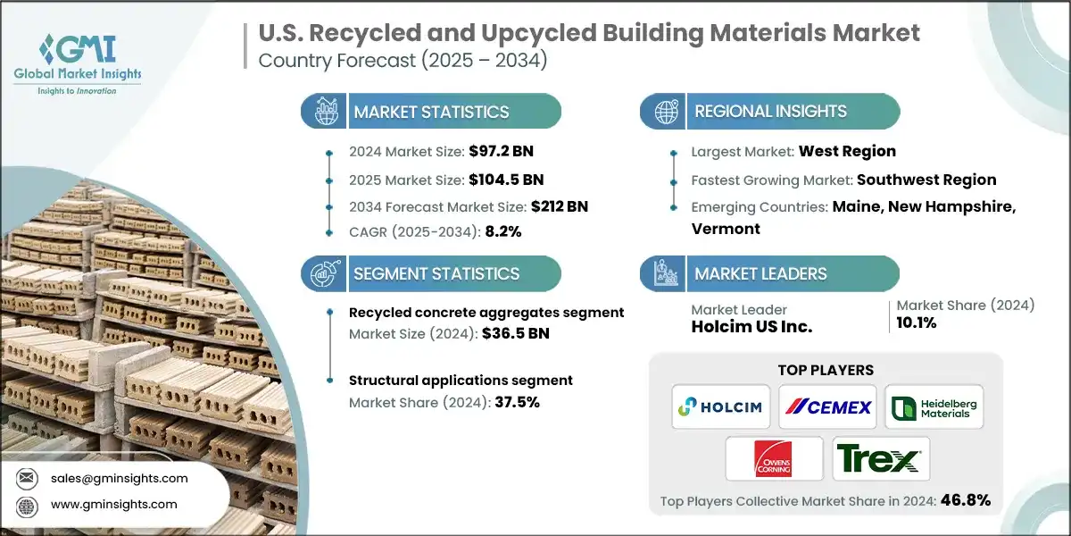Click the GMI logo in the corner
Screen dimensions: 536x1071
pyautogui.click(x=79, y=63)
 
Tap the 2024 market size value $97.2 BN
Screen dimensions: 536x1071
pyautogui.click(x=501, y=151)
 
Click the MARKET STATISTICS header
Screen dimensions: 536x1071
pyautogui.click(x=431, y=112)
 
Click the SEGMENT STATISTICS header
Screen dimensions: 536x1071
pyautogui.click(x=436, y=273)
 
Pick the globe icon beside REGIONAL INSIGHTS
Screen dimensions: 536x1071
pyautogui.click(x=664, y=112)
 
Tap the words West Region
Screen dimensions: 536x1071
pyautogui.click(x=848, y=151)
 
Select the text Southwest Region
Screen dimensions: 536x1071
pyautogui.click(x=926, y=180)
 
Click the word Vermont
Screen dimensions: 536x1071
pyautogui.click(x=726, y=229)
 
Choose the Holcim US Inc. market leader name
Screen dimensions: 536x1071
pyautogui.click(x=751, y=327)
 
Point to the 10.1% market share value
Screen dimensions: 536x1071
pyautogui.click(x=917, y=323)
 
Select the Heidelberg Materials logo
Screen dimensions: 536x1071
pyautogui.click(x=934, y=407)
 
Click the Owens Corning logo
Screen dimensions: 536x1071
pyautogui.click(x=773, y=460)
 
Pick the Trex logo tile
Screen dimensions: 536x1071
pyautogui.click(x=880, y=460)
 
